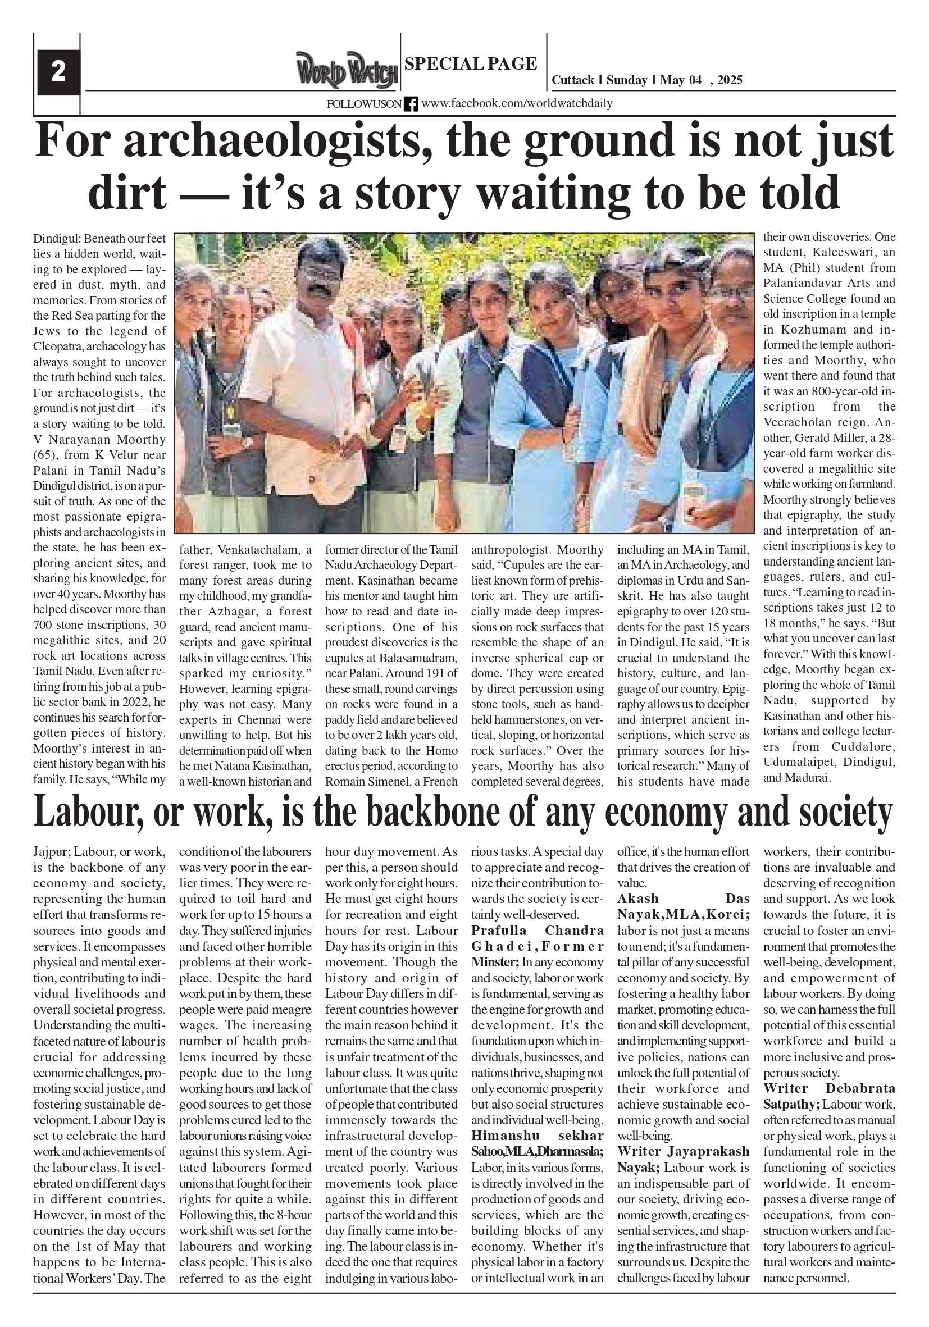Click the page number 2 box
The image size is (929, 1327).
58,72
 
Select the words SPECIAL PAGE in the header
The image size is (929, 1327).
471,63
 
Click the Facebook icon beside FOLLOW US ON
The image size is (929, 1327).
411,104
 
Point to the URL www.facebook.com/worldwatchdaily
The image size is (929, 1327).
516,103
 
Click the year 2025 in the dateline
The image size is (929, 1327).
730,80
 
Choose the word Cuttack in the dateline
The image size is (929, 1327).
572,80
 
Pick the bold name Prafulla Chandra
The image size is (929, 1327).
538,931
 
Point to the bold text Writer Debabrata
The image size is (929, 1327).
829,1088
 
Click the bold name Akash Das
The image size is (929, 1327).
684,898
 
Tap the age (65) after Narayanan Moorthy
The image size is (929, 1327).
46,455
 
